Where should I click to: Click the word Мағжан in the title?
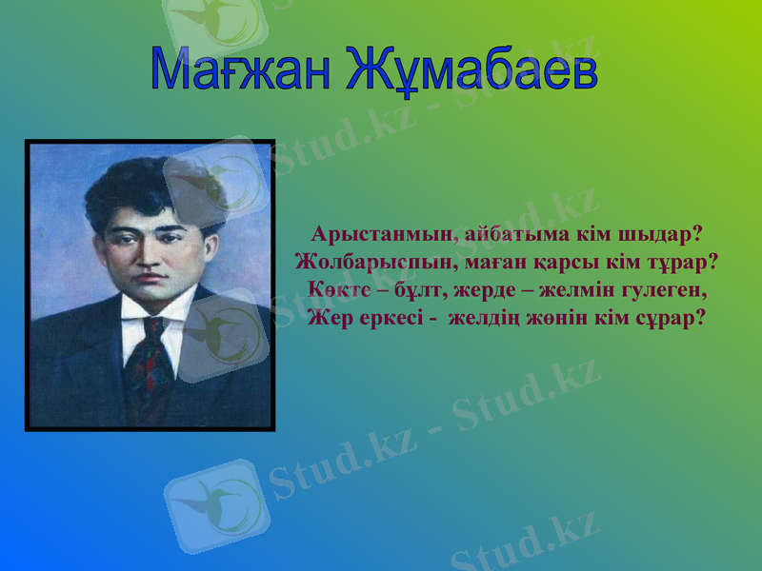click(x=244, y=69)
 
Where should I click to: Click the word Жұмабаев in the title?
click(x=471, y=69)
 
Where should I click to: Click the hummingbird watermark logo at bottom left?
click(x=214, y=504)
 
